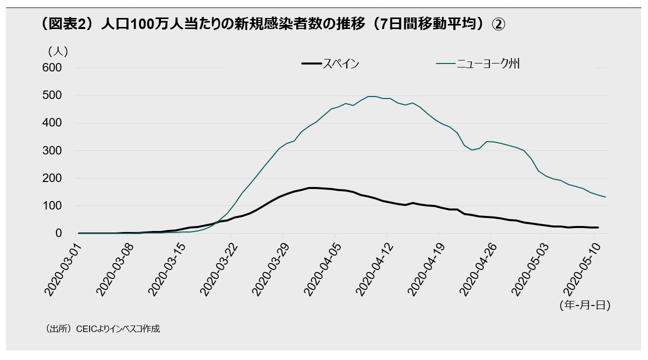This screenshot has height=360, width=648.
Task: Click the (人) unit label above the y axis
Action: click(x=58, y=51)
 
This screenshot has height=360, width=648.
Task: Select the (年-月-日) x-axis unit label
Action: click(x=584, y=305)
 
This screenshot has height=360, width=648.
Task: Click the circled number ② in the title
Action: click(x=499, y=24)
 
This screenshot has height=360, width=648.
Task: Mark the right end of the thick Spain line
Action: click(x=598, y=227)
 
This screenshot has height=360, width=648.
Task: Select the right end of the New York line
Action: click(x=605, y=197)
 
